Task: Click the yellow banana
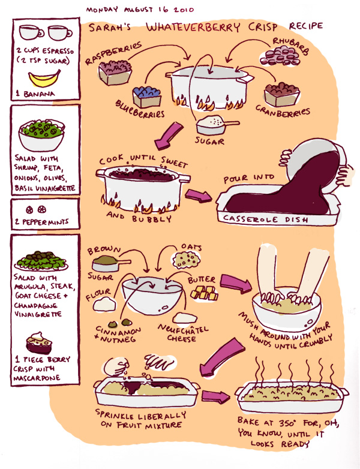coord(44,80)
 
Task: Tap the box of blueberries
coord(147,96)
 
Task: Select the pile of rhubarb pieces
coord(280,57)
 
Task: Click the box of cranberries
coord(282,94)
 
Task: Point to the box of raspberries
coord(115,72)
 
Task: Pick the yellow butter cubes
coord(205,293)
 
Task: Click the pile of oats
coord(185,259)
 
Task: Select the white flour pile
coord(104,303)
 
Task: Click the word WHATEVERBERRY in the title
coord(193,27)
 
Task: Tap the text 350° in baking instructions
coord(287,423)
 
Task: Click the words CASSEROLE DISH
coord(265,219)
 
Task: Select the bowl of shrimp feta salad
coord(41,135)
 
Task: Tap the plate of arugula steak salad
coord(41,261)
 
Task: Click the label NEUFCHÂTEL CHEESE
coord(182,333)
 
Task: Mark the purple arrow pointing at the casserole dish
coord(198,196)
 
